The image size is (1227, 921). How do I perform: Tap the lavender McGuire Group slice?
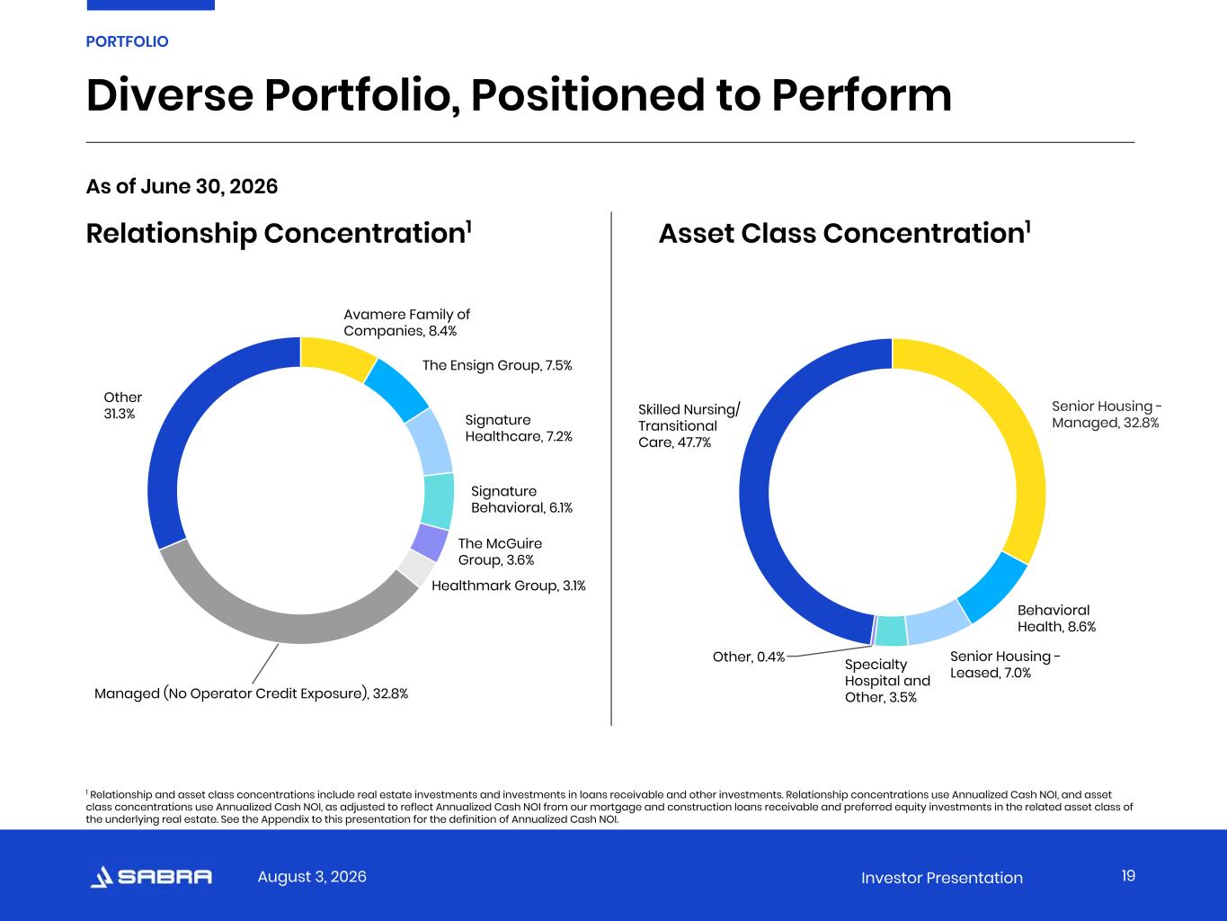pos(430,542)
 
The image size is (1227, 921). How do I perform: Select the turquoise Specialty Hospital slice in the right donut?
pos(891,630)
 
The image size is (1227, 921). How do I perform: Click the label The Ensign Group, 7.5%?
pos(497,365)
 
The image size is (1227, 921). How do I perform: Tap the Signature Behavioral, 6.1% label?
pos(521,499)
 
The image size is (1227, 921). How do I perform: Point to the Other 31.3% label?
pos(123,406)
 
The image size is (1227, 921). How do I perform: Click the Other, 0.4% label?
pos(749,657)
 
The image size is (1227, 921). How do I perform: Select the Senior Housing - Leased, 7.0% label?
pos(1005,665)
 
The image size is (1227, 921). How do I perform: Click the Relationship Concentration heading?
pos(279,233)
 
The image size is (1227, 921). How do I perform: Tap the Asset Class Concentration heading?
pos(845,233)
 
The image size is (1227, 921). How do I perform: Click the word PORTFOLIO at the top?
pos(127,41)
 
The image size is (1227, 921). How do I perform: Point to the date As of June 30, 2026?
pos(182,186)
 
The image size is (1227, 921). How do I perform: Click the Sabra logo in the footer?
pos(151,876)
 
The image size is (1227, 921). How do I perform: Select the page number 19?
pos(1128,876)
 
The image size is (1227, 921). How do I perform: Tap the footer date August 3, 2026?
pos(312,876)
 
